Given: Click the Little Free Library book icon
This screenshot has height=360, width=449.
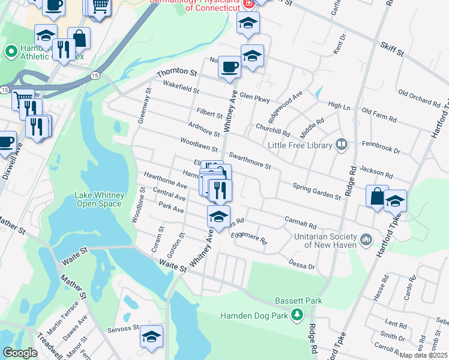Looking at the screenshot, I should [x=342, y=144].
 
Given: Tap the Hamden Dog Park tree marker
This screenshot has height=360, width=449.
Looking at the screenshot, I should [x=297, y=315].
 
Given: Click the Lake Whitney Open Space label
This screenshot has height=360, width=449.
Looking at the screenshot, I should [x=98, y=199].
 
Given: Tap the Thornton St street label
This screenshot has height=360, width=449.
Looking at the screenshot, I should [x=176, y=73].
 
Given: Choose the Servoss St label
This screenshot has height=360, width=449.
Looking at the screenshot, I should [x=123, y=329].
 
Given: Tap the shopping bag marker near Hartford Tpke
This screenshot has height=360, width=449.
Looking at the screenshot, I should [x=377, y=196].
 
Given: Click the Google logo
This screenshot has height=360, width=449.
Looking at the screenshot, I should [x=20, y=353].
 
